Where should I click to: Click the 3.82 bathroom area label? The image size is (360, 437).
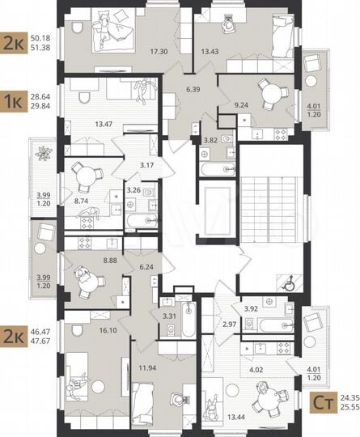(210, 139)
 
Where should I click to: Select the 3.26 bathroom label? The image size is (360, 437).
(133, 192)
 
